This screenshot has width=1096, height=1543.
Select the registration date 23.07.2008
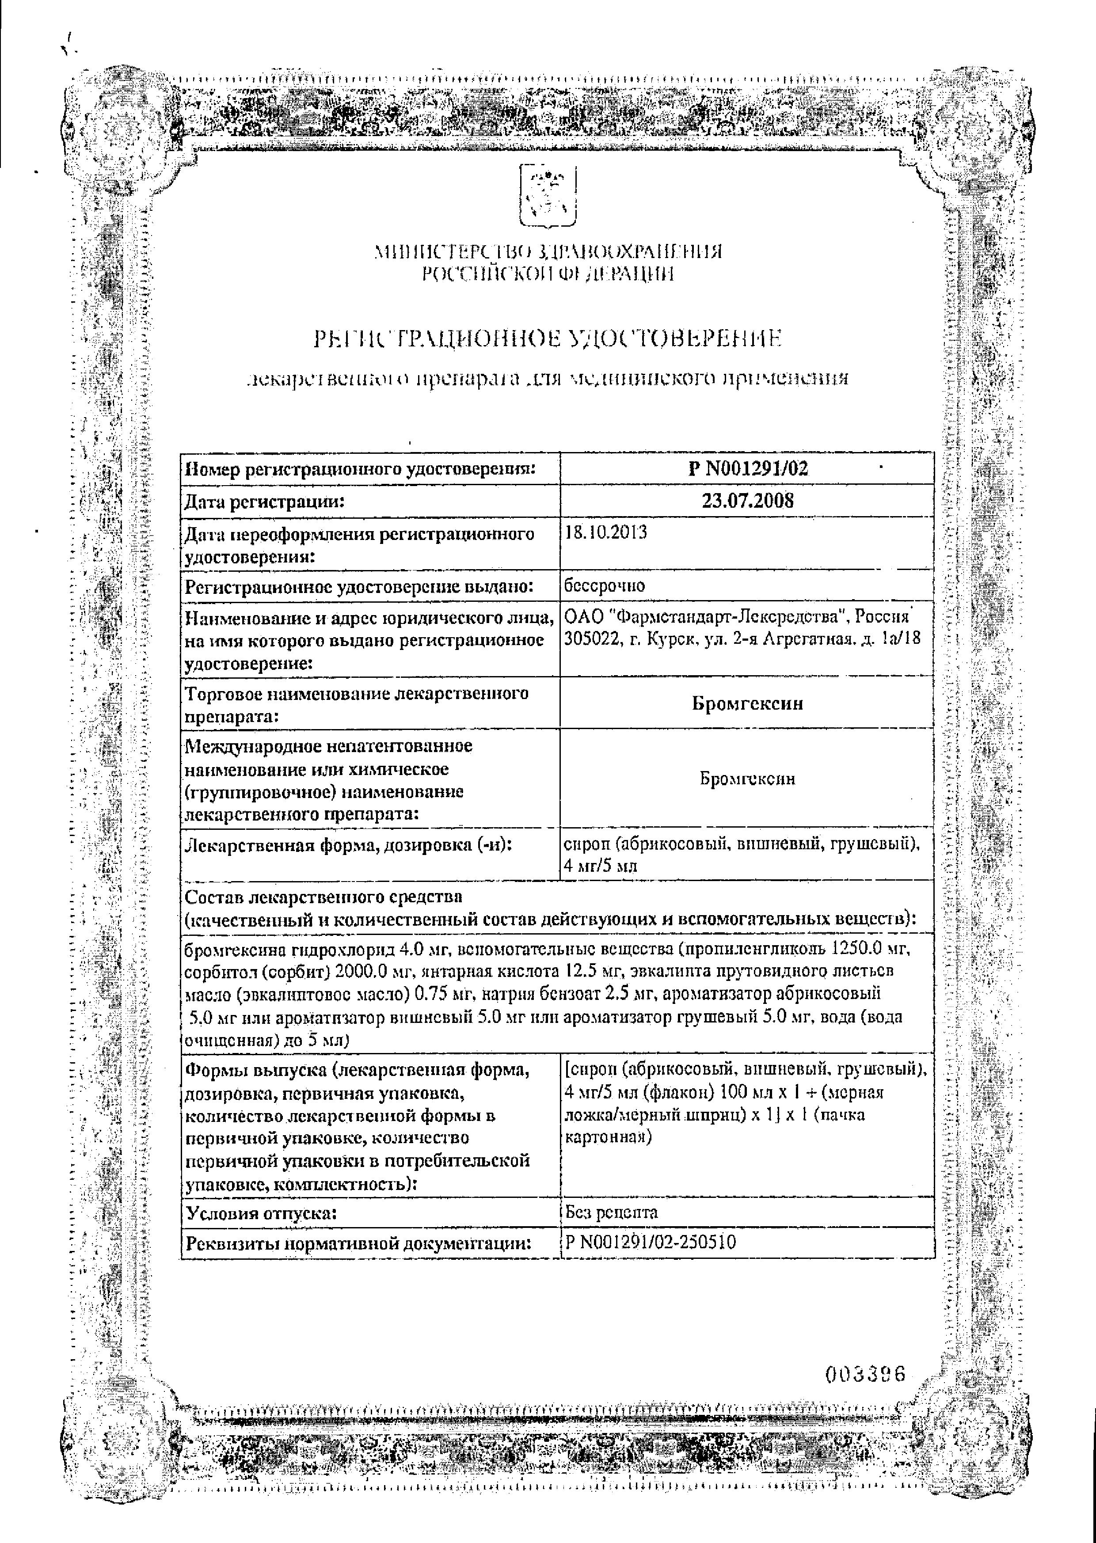pos(747,501)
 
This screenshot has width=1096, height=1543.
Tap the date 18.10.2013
pos(605,532)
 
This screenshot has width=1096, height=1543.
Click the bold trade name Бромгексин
pos(747,703)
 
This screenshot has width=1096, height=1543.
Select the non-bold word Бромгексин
pos(747,779)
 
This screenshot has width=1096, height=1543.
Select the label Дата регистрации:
pos(265,501)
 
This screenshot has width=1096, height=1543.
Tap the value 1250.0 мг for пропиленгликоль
pos(871,949)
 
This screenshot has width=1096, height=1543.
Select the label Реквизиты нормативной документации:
pos(356,1243)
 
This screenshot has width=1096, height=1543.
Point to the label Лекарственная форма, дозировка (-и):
pos(348,844)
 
